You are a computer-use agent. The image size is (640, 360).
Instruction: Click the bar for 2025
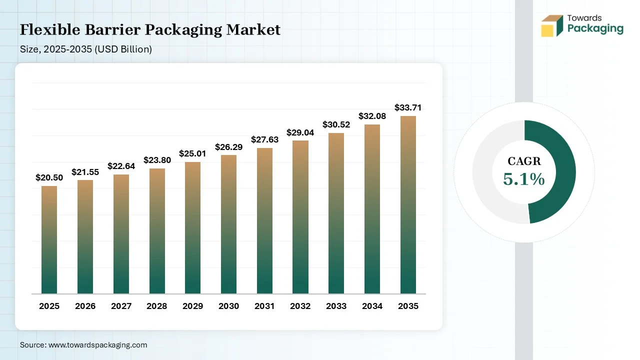coord(49,240)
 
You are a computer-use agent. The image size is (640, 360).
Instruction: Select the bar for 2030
coord(228,224)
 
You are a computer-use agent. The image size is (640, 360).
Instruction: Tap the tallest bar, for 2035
coord(408,205)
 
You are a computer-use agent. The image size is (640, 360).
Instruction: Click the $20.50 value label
coord(49,177)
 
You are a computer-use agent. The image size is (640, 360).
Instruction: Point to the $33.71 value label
coord(408,107)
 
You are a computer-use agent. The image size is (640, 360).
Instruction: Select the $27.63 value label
coord(264,139)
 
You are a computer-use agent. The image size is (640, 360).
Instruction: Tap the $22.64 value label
coord(121,166)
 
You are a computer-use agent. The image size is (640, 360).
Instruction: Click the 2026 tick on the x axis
coord(85,306)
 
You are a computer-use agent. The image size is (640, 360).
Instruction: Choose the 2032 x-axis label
coord(300,306)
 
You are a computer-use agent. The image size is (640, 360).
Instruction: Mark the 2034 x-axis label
coord(372,306)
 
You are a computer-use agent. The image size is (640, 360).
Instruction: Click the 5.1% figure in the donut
coord(523,179)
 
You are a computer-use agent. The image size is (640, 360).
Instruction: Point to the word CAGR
coord(524,161)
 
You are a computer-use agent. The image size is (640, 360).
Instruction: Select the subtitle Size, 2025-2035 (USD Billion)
coord(85,49)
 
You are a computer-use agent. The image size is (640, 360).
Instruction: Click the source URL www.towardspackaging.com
coord(97,345)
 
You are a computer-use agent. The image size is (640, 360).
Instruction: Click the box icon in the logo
coord(551,26)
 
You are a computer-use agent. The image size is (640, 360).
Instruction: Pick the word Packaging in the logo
coord(595,28)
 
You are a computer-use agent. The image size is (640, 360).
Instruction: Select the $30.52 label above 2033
coord(336,124)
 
